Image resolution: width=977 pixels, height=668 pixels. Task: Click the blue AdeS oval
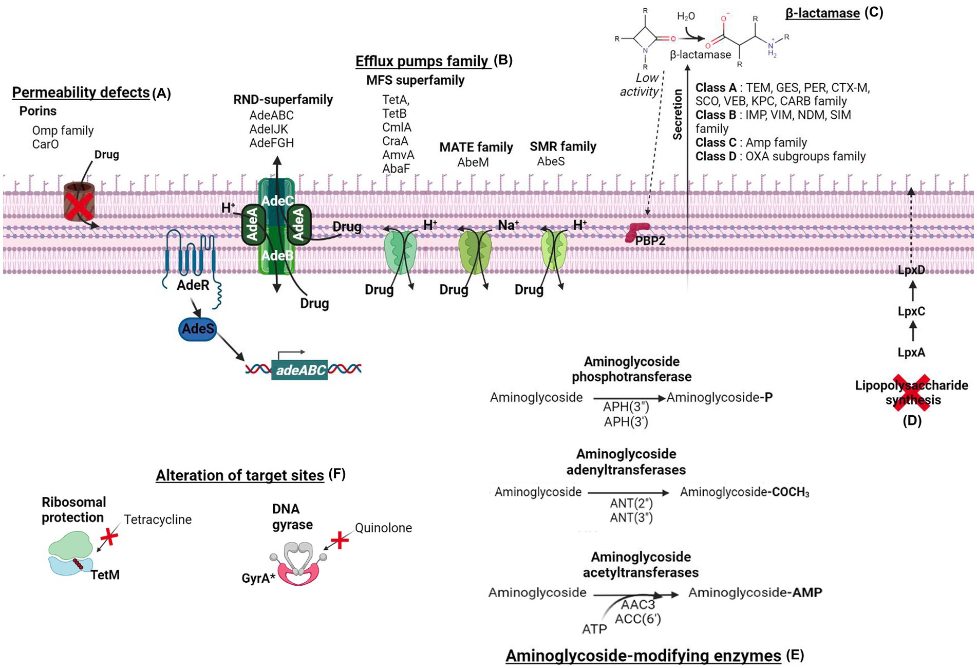(x=198, y=329)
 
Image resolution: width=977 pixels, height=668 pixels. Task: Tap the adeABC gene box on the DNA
(x=300, y=370)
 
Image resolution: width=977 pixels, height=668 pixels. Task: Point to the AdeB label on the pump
(x=277, y=255)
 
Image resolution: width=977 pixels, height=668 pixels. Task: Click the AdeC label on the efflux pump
(x=277, y=200)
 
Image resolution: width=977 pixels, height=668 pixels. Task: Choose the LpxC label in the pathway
(x=911, y=311)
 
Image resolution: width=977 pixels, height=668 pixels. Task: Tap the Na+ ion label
(x=508, y=225)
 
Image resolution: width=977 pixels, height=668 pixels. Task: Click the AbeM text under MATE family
(x=473, y=162)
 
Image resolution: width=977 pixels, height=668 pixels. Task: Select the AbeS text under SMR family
(x=551, y=161)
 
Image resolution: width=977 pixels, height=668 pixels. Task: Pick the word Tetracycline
(x=158, y=519)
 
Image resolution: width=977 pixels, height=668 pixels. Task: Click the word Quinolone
(x=383, y=528)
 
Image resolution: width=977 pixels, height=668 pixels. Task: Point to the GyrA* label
(x=258, y=579)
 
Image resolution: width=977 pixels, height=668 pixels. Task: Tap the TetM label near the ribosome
(x=105, y=575)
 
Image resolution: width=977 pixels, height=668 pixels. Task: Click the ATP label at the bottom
(x=594, y=629)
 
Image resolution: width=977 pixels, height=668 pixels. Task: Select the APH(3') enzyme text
(x=626, y=422)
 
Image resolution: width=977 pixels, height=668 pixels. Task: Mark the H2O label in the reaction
(x=686, y=16)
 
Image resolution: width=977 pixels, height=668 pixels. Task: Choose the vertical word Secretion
(x=678, y=114)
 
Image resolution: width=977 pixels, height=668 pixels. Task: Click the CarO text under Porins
(x=45, y=144)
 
